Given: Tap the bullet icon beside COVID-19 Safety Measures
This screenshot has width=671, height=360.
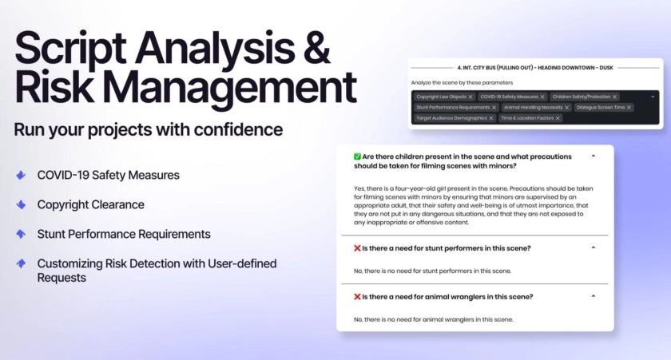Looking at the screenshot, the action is point(21,175).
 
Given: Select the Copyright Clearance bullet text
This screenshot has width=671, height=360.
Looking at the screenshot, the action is point(91,204).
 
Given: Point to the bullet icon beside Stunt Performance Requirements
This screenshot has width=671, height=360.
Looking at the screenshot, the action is point(21,234).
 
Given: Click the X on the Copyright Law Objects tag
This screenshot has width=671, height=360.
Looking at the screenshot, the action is point(470,97).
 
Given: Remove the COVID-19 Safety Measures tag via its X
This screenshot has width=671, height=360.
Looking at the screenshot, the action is point(542,97).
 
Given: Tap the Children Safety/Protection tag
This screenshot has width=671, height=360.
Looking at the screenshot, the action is point(584,97).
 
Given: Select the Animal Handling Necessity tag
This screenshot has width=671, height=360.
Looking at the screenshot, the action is point(536,107).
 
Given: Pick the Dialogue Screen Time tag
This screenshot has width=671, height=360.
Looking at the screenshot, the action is point(603,107).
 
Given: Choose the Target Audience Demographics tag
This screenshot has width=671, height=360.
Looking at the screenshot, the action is point(455,118).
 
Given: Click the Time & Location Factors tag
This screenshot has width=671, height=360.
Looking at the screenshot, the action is point(530,118).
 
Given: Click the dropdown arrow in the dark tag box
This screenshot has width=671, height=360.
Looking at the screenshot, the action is point(653,97).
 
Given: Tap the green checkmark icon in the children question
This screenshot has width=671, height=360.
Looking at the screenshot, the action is point(357,156).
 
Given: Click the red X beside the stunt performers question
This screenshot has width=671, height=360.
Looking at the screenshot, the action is point(357,248).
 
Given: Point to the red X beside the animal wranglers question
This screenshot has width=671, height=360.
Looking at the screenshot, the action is point(357,297).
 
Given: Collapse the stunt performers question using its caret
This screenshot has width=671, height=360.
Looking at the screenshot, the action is point(593,247).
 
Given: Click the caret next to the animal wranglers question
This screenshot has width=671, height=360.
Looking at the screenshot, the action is point(593,296).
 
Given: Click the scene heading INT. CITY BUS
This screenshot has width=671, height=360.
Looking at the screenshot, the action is point(535,68).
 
